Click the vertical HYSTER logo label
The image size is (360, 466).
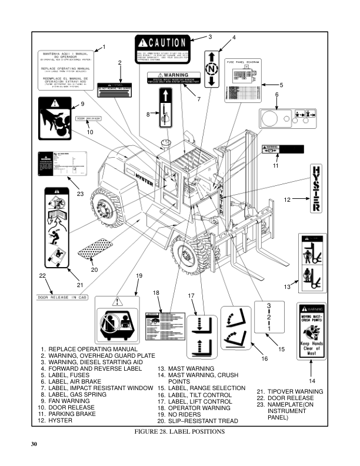point(315,188)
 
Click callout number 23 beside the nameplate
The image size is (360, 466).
point(80,194)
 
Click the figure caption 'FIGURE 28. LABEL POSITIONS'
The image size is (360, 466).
point(179,431)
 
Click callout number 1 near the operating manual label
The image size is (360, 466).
point(104,46)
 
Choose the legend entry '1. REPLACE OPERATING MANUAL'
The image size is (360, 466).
point(92,349)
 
